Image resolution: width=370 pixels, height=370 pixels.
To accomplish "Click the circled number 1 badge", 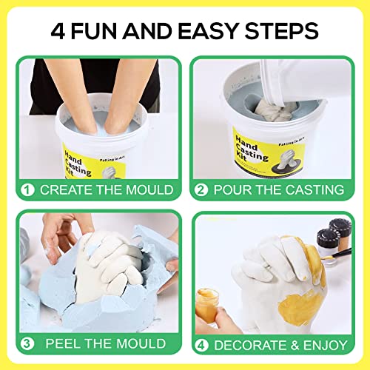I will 27,190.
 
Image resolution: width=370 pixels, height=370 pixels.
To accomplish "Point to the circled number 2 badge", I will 201,190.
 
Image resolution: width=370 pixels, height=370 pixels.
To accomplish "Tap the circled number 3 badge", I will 27,343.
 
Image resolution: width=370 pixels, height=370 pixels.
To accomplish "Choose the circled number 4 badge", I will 201,343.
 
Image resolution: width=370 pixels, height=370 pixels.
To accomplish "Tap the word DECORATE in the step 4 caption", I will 249,343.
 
